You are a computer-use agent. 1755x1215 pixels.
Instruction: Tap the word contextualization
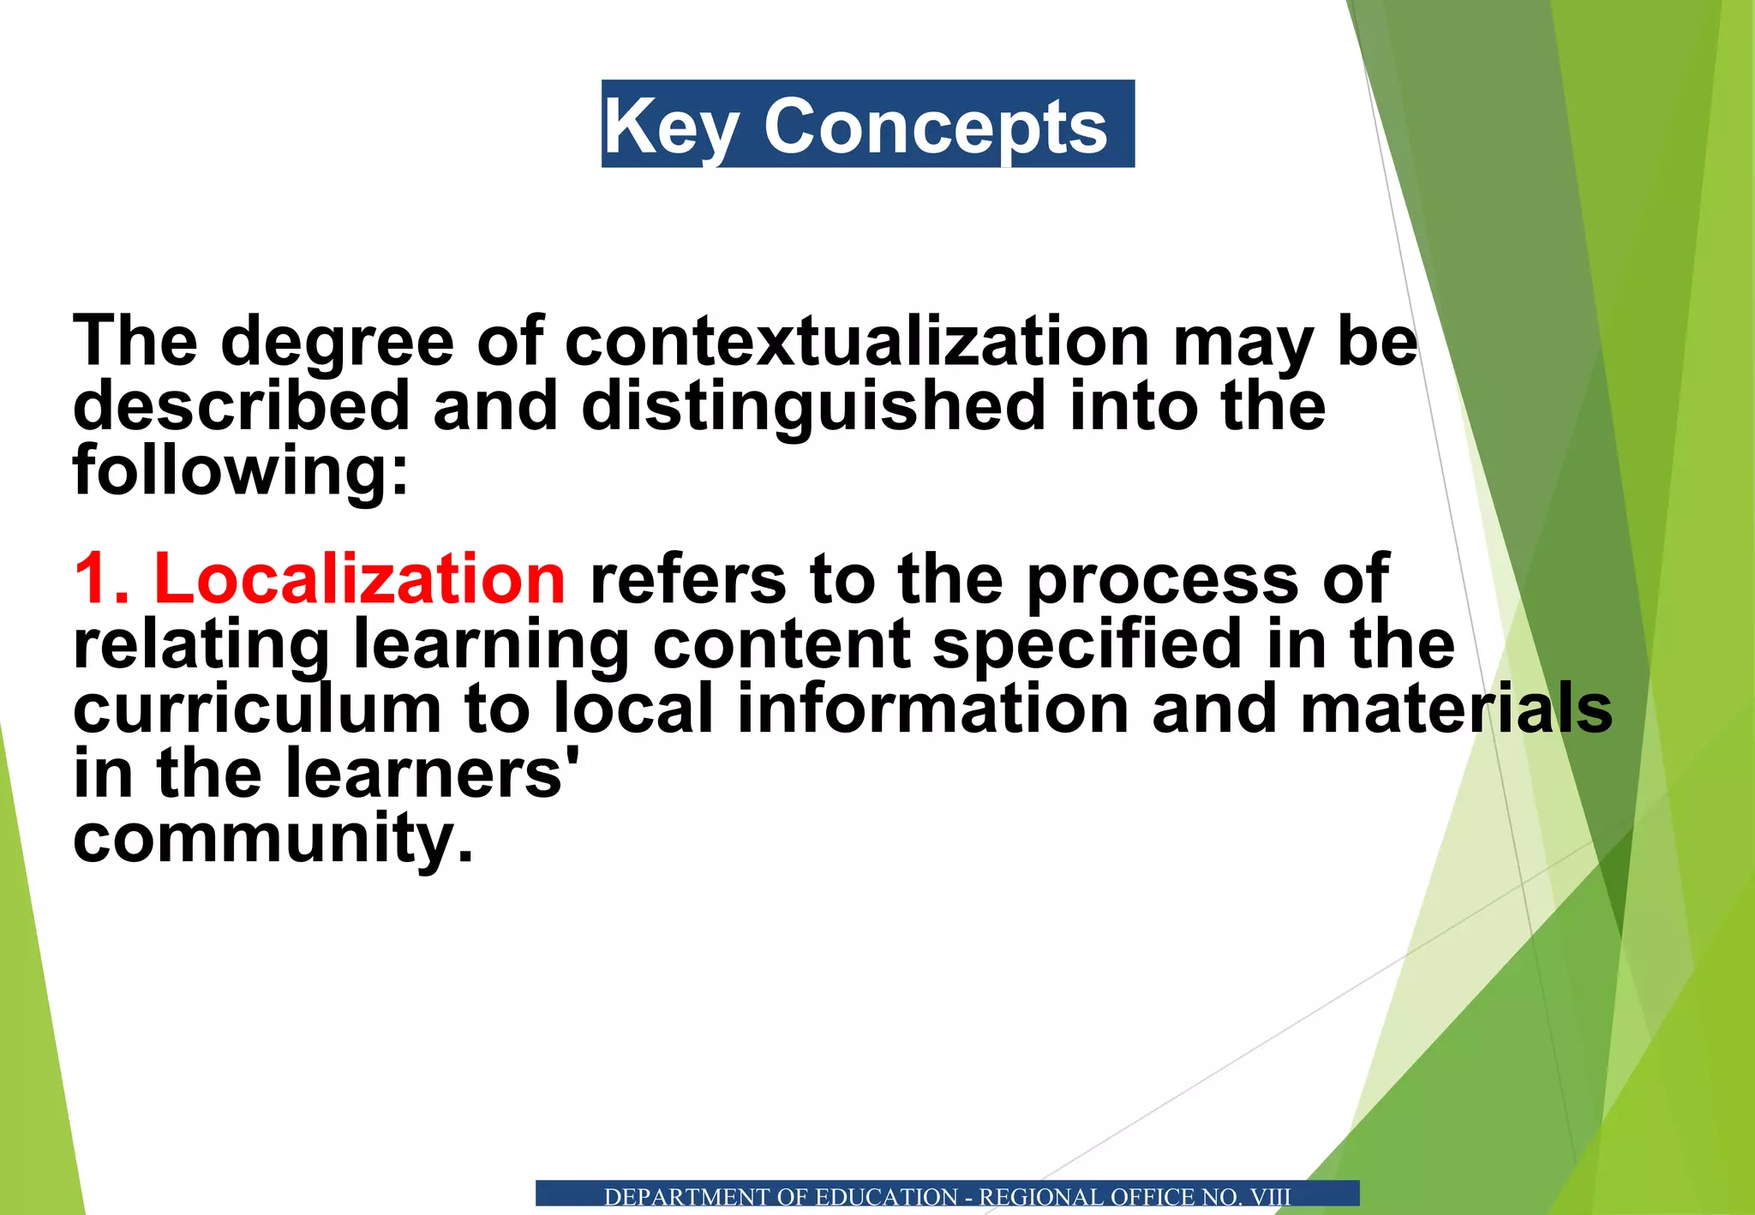click(x=856, y=342)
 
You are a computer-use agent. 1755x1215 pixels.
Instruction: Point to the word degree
click(x=337, y=342)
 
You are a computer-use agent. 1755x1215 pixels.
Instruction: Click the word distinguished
click(x=813, y=405)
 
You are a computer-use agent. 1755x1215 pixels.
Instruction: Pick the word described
click(x=242, y=405)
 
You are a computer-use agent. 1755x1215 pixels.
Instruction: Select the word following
click(x=240, y=470)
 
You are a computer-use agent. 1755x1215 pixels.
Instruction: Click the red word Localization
click(x=359, y=579)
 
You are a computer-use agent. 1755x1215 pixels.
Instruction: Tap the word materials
click(x=1456, y=709)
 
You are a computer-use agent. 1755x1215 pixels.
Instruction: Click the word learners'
click(x=432, y=774)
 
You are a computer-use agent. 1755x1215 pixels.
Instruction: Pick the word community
click(x=273, y=839)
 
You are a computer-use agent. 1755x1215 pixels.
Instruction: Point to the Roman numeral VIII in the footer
click(x=1270, y=1197)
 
